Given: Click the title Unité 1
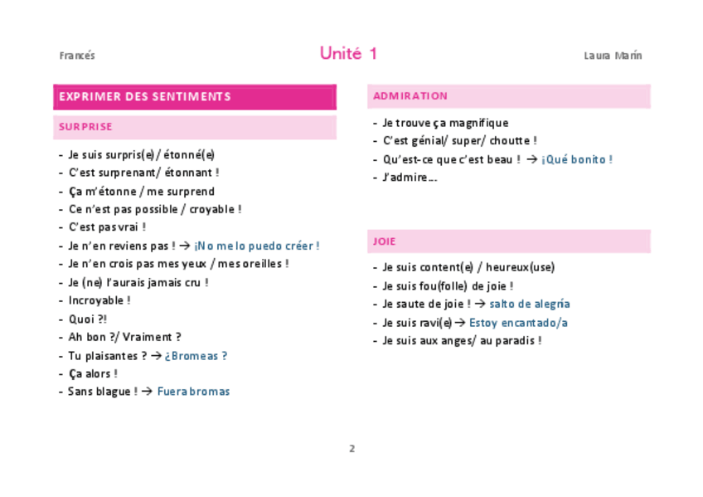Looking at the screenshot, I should click(348, 54).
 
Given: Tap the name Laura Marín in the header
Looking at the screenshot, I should click(613, 56).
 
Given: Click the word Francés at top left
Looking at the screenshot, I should click(77, 56).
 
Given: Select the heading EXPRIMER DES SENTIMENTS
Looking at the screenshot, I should click(145, 96).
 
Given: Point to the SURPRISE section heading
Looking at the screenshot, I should click(85, 127).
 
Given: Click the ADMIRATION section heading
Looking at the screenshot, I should click(410, 95).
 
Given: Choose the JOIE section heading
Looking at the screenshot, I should click(385, 241).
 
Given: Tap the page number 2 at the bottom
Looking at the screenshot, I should click(351, 449).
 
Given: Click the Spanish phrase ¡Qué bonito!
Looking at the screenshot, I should click(577, 159).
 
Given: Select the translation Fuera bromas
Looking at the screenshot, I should click(193, 392).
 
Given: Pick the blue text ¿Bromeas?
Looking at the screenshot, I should click(196, 356).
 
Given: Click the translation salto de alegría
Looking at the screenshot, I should click(529, 304).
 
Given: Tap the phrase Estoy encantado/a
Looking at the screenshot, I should click(518, 323).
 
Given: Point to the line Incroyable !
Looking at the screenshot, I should click(99, 300).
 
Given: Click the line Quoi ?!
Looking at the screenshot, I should click(88, 319).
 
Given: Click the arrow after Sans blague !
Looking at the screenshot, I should click(147, 392).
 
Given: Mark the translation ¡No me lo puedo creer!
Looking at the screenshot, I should click(256, 246).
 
